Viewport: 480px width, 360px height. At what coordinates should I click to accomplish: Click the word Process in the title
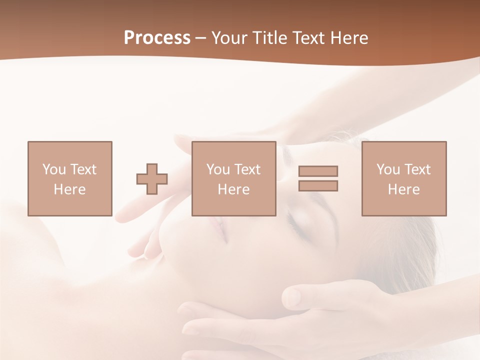(x=157, y=38)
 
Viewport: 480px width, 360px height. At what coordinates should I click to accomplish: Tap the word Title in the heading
(x=270, y=38)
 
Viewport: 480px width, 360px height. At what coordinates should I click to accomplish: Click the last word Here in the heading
(x=349, y=38)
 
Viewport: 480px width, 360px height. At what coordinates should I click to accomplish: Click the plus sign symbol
(x=152, y=179)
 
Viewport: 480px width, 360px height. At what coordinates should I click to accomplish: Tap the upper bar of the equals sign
(x=318, y=171)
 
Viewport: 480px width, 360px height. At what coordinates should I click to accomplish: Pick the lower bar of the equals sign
(x=318, y=185)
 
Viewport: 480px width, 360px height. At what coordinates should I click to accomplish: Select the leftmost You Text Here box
(x=70, y=178)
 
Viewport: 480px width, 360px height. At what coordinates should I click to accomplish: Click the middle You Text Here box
(x=233, y=178)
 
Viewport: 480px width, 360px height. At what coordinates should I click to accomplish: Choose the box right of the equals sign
(x=404, y=178)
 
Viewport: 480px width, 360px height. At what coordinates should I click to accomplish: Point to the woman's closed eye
(x=300, y=227)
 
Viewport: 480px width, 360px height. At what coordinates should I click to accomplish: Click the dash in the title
(x=201, y=38)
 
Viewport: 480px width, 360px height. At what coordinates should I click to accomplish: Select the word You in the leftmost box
(x=54, y=169)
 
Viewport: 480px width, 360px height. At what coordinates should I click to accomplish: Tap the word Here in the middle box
(x=233, y=189)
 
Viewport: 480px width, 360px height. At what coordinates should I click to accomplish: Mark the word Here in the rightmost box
(x=404, y=189)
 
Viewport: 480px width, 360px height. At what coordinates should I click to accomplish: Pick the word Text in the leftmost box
(x=83, y=169)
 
